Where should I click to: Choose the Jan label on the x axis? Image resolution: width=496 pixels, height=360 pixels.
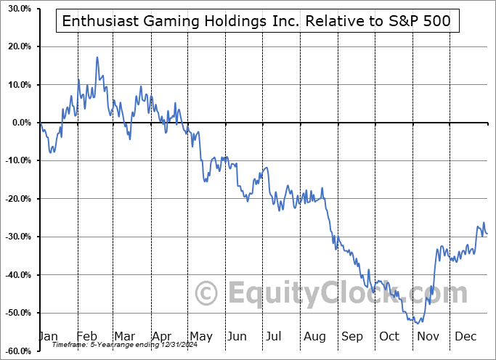pyautogui.click(x=49, y=336)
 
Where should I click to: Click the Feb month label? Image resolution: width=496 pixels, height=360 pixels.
pyautogui.click(x=86, y=336)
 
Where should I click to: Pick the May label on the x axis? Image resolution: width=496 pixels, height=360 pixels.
pyautogui.click(x=200, y=336)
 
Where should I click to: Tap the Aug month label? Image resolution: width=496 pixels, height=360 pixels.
pyautogui.click(x=314, y=336)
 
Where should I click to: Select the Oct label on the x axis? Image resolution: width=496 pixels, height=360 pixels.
pyautogui.click(x=389, y=336)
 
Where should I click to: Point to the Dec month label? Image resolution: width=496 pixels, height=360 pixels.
pyautogui.click(x=465, y=336)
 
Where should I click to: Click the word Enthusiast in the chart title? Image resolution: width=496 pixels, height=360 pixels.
pyautogui.click(x=97, y=22)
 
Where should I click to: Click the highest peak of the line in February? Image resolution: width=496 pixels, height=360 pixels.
pyautogui.click(x=97, y=57)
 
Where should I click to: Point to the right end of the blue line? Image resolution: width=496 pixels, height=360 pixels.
pyautogui.click(x=487, y=233)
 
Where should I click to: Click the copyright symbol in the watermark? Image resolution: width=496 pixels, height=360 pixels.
pyautogui.click(x=208, y=294)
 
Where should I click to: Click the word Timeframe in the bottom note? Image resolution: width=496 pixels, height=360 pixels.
pyautogui.click(x=70, y=344)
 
